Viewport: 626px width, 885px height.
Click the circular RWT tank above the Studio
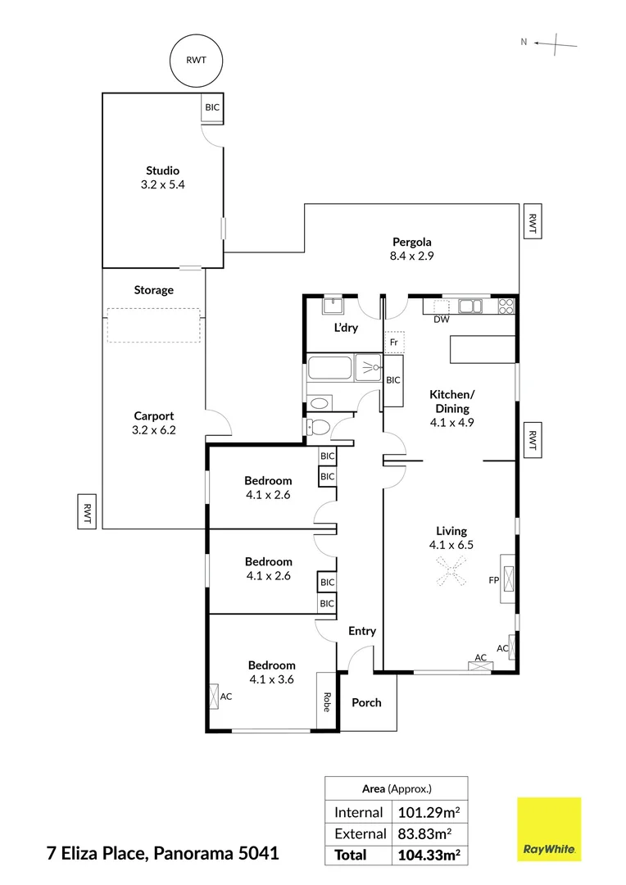(x=195, y=60)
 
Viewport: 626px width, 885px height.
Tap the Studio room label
(x=162, y=170)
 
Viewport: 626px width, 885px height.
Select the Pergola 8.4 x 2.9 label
(x=411, y=248)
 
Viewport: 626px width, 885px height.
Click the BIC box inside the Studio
(x=212, y=107)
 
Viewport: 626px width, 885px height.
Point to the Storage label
(x=154, y=290)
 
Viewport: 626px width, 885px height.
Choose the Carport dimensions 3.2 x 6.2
(x=154, y=429)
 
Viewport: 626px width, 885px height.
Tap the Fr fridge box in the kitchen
(x=394, y=342)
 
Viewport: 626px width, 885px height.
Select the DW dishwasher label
(x=442, y=320)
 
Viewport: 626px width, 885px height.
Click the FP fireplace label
(x=493, y=580)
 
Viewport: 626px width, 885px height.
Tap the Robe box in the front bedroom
(x=326, y=702)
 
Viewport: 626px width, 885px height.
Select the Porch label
(x=366, y=702)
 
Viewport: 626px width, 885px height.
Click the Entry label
(x=362, y=631)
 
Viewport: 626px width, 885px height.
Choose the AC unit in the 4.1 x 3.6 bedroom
(x=215, y=697)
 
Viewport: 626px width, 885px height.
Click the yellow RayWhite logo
(x=549, y=829)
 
